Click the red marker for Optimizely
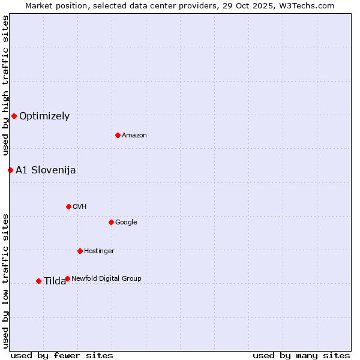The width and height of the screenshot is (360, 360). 14,116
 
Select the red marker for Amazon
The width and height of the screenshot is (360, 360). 118,135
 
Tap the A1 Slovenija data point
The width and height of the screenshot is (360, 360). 10,170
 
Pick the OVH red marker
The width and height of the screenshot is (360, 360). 68,206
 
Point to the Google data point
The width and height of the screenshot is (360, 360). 111,222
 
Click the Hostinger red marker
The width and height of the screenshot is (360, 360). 80,251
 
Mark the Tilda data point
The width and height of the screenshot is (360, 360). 38,281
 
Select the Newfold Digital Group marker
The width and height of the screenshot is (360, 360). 67,278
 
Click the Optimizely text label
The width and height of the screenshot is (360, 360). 44,116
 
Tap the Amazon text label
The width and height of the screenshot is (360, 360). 134,136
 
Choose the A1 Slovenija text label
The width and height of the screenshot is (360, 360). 46,170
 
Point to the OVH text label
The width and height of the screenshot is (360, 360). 80,207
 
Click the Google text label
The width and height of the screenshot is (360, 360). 126,223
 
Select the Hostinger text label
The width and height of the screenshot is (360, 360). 99,251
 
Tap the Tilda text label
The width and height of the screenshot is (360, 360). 55,281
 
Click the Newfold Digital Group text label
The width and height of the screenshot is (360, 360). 106,279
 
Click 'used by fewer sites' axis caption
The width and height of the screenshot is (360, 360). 62,356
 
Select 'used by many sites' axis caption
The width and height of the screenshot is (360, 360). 301,356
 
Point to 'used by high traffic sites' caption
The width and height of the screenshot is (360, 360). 5,86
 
